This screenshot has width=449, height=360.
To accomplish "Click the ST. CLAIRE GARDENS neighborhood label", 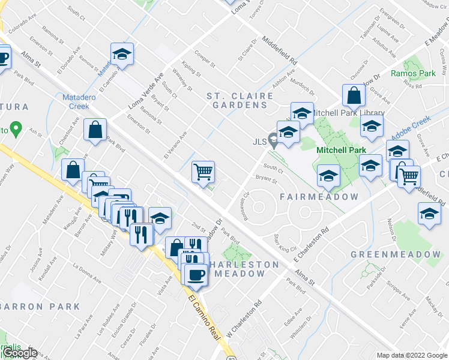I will click(237, 100).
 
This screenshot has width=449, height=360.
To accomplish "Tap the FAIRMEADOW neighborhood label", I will click(319, 197).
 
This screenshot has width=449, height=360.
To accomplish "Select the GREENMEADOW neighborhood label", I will click(396, 254).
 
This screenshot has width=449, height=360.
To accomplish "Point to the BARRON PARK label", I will click(40, 307).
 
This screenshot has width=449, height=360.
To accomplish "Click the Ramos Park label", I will click(408, 73).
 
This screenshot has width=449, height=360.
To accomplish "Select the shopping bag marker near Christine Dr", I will click(354, 95).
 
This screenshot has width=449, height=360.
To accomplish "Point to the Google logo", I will click(20, 353).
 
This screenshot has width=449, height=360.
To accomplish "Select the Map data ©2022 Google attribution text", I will click(412, 355).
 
